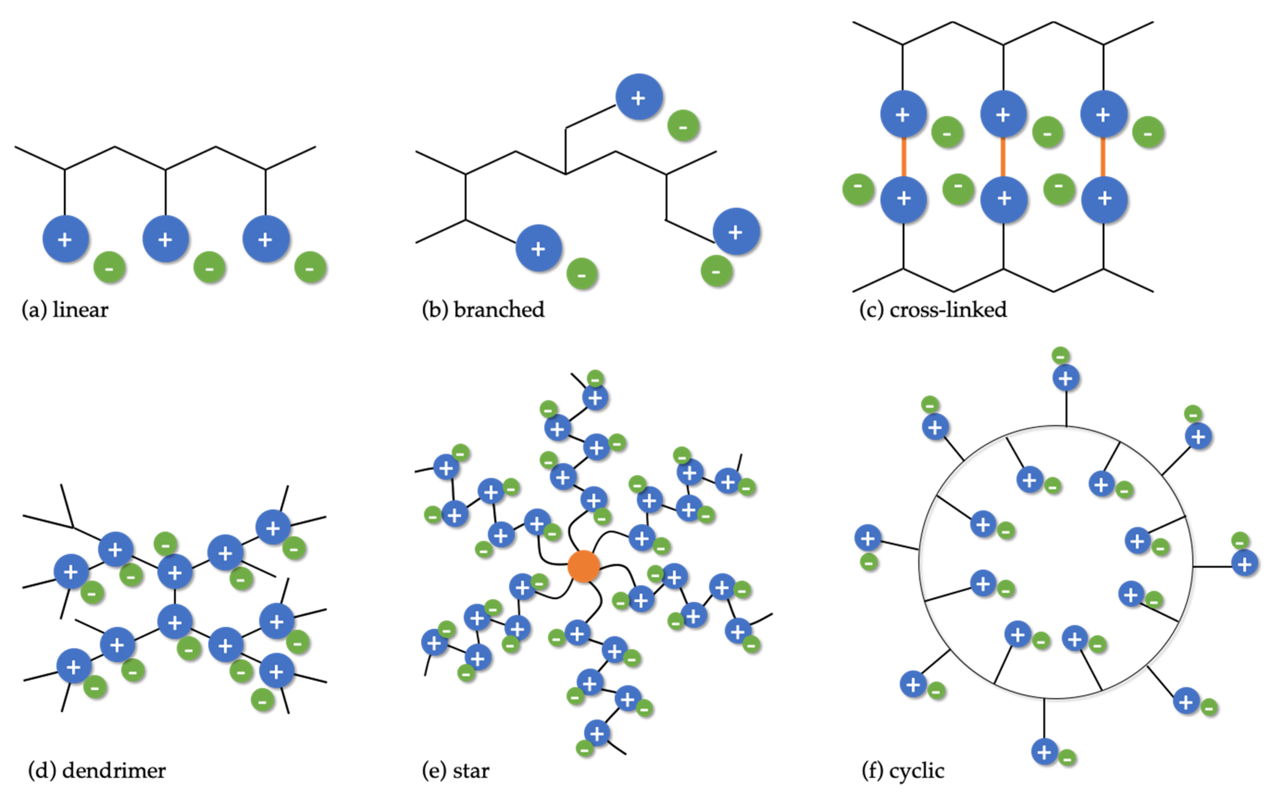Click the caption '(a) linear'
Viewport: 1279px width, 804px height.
point(65,309)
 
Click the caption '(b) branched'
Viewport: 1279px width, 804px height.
point(483,309)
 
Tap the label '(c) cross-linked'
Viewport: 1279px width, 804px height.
point(933,309)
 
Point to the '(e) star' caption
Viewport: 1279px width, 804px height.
point(455,770)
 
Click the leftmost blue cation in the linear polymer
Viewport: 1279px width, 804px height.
point(65,239)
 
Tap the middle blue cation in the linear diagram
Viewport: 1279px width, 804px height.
point(166,239)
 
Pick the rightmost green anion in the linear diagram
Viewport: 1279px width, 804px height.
point(310,268)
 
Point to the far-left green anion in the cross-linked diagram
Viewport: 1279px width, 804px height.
point(858,188)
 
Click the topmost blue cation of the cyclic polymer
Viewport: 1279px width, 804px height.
point(1066,378)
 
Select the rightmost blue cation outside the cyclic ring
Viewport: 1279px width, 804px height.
point(1244,563)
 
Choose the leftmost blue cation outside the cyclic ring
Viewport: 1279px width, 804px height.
point(867,538)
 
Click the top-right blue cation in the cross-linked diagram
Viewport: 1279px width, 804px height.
point(1103,114)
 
